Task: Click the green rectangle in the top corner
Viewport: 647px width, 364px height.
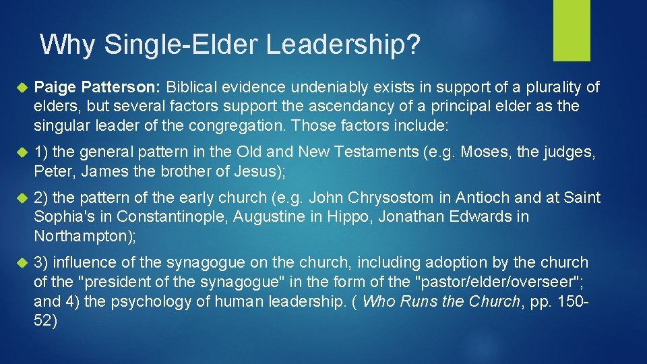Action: pos(572,30)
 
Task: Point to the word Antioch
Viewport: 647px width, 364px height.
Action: pos(480,198)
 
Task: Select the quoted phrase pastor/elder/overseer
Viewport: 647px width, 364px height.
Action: pos(505,282)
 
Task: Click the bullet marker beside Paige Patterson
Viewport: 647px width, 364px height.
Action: pos(20,88)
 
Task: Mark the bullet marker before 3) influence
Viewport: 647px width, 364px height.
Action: pos(20,263)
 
